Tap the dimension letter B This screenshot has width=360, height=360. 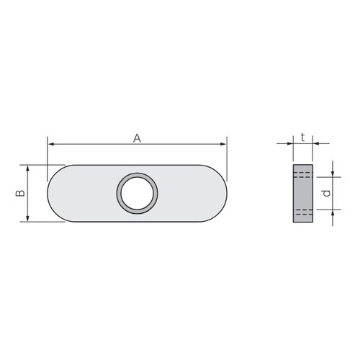20,193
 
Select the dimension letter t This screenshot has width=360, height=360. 304,135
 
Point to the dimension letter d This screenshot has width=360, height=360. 325,193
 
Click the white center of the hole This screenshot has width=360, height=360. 137,193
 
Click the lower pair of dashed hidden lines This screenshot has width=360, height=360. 303,211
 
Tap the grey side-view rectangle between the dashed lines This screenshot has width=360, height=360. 303,193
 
